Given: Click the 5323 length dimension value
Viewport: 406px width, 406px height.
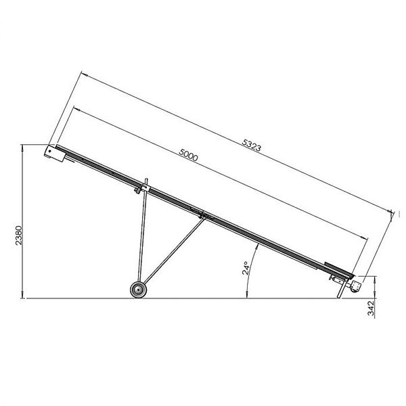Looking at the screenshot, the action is coord(252,145).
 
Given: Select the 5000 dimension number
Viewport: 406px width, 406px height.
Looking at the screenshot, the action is coord(188,155).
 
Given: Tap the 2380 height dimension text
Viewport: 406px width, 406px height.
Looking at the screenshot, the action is coord(19,235).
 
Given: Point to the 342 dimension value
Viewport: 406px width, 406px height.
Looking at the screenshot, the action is coord(371,308).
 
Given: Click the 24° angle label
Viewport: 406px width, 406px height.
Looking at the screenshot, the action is coord(246,268).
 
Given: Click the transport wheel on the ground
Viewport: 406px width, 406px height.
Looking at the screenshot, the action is coord(138,290).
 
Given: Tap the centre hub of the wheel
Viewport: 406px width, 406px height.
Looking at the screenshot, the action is coord(138,290).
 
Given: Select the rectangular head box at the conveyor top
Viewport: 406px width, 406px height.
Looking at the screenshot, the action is coord(55,154).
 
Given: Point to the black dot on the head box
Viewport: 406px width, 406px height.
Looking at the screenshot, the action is coord(49,151).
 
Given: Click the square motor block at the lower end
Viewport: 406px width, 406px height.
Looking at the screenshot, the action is coord(355,286).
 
